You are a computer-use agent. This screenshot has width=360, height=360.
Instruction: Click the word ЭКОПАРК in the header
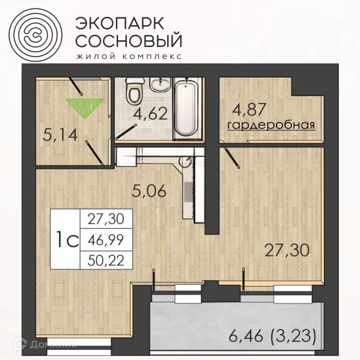pos(119,22)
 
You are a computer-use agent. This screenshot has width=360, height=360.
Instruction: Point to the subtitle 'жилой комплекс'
pos(127,56)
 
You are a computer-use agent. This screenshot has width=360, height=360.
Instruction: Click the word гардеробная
pos(271,125)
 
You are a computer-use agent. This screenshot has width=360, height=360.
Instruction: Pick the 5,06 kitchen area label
pos(148,192)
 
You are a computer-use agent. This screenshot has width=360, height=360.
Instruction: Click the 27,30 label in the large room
pos(289,249)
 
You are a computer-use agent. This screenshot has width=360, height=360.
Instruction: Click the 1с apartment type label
pos(66,240)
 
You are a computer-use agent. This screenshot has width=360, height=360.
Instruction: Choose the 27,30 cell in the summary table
pos(102,220)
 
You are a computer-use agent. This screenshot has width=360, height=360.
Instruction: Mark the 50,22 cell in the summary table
pos(102,260)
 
